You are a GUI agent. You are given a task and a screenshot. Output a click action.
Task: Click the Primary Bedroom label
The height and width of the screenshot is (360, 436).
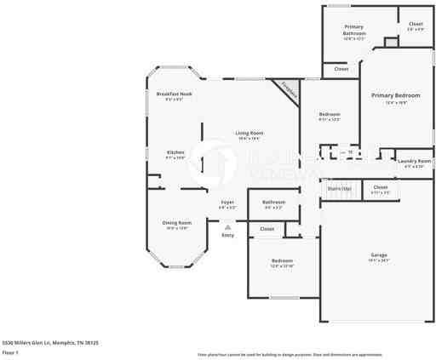[x=396, y=95]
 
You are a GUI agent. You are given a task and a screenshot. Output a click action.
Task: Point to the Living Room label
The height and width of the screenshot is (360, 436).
[x=250, y=133]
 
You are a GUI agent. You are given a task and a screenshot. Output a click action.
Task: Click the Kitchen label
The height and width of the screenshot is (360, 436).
[x=175, y=152]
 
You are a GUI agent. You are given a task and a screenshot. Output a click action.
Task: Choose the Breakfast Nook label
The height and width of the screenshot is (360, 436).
[x=174, y=94]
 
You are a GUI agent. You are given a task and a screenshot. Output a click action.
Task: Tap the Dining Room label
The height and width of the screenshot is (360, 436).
[x=176, y=223]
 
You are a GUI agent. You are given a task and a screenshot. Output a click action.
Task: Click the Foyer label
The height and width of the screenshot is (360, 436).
[x=227, y=202]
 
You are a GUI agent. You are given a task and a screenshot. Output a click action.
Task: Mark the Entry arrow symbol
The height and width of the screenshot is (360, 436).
[x=227, y=227]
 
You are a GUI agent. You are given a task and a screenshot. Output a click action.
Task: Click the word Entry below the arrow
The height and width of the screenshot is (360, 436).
[x=227, y=235]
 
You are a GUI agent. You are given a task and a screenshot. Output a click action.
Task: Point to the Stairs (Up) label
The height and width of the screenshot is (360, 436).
[x=340, y=188]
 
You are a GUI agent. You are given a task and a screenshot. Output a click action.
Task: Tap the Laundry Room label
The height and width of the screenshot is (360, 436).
[x=414, y=160]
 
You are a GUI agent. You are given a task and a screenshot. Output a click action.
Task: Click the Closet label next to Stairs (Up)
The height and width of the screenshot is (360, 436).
[x=381, y=187]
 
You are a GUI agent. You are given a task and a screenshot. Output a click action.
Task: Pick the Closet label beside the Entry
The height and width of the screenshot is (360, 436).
[x=267, y=228]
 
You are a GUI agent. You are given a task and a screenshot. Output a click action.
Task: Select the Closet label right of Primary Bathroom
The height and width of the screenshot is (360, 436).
[x=416, y=24]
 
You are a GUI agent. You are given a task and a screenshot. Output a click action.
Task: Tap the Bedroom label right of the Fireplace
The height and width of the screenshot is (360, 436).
[x=330, y=114]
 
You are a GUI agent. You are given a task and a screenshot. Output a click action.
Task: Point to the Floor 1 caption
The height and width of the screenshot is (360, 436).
[x=10, y=351]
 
